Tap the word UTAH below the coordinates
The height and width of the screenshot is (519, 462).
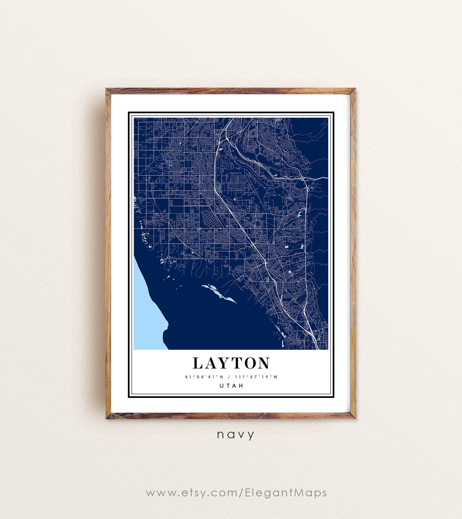point(231,386)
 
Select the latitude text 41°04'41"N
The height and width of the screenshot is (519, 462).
point(204,377)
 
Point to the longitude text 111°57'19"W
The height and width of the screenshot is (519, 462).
point(257,377)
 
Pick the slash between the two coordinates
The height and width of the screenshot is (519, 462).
point(230,377)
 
